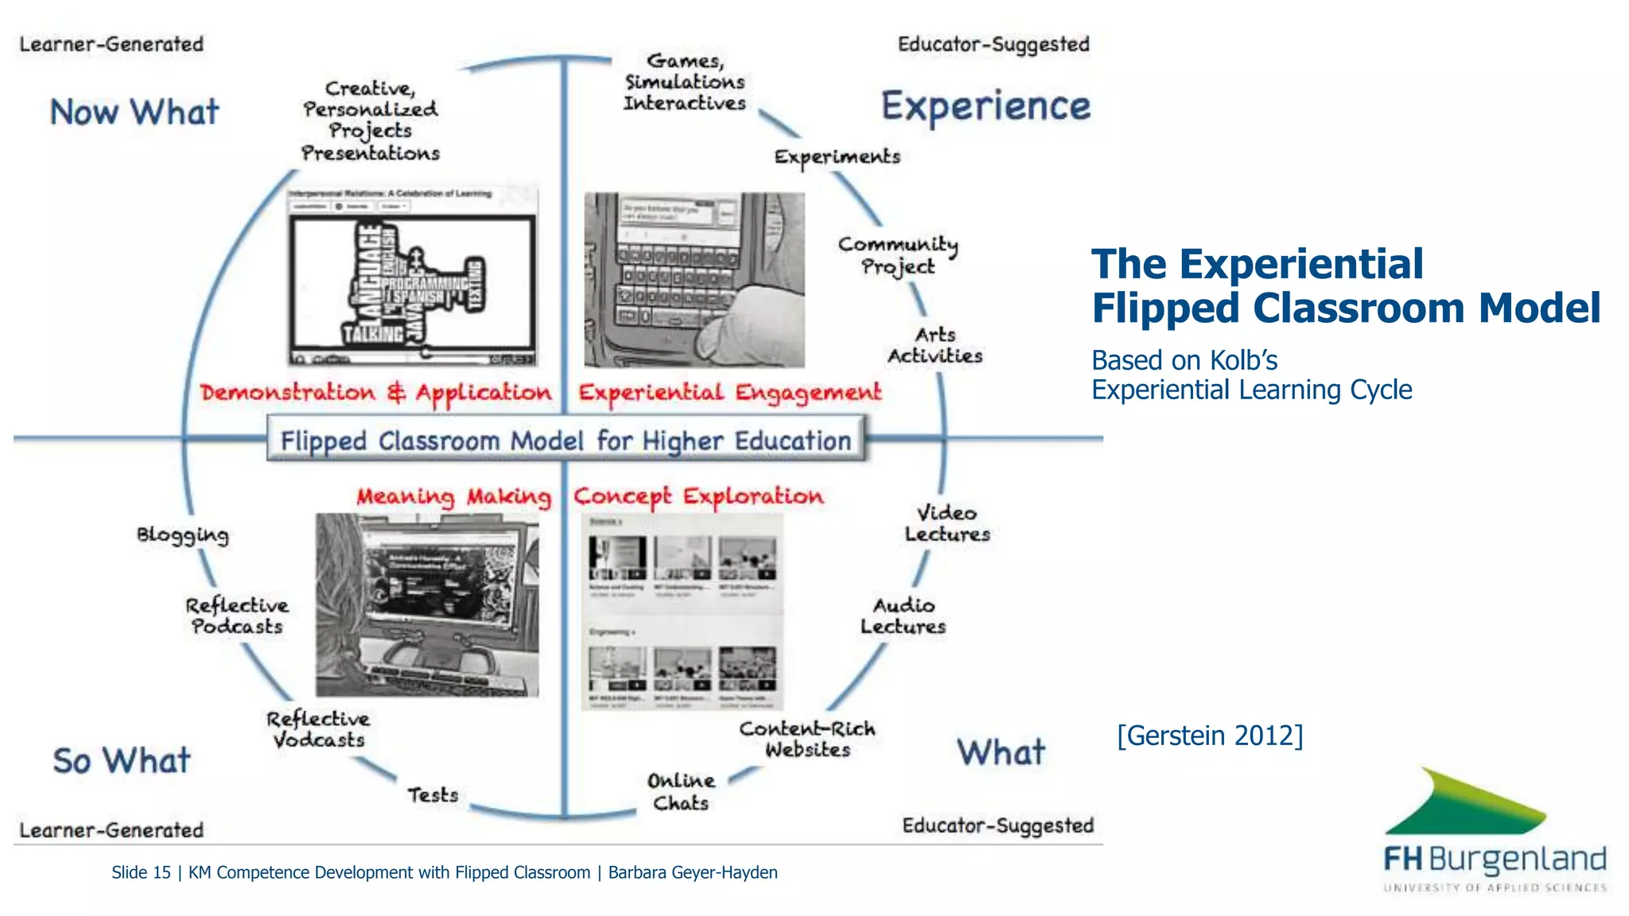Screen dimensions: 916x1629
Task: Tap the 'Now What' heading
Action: pyautogui.click(x=134, y=112)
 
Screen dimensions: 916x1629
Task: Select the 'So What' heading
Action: pyautogui.click(x=121, y=760)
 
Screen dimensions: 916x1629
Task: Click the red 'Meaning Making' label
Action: pyautogui.click(x=453, y=497)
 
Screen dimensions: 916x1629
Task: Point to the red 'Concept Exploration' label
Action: pyautogui.click(x=698, y=496)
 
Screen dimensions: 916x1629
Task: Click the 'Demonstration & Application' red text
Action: pyautogui.click(x=375, y=393)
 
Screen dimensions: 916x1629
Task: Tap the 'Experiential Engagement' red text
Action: pyautogui.click(x=729, y=393)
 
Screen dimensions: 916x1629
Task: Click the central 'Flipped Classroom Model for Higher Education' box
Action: pyautogui.click(x=566, y=441)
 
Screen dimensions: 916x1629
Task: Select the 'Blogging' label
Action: pyautogui.click(x=182, y=535)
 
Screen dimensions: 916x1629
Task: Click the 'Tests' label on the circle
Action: pyautogui.click(x=433, y=794)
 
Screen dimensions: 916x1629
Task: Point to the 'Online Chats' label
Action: pyautogui.click(x=681, y=791)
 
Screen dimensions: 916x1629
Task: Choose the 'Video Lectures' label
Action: pyautogui.click(x=947, y=523)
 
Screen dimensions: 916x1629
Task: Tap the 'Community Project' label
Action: pyautogui.click(x=898, y=255)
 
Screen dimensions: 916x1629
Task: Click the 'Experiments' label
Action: pyautogui.click(x=837, y=157)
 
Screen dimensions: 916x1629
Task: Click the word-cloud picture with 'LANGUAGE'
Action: pyautogui.click(x=412, y=278)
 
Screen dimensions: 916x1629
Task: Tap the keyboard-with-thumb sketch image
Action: pyautogui.click(x=694, y=280)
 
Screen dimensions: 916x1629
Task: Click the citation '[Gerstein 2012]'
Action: pyautogui.click(x=1209, y=736)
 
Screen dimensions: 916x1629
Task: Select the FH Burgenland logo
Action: pyautogui.click(x=1494, y=831)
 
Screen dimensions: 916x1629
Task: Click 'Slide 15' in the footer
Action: pyautogui.click(x=141, y=872)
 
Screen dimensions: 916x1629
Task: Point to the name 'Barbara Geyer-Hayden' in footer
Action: pyautogui.click(x=692, y=872)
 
